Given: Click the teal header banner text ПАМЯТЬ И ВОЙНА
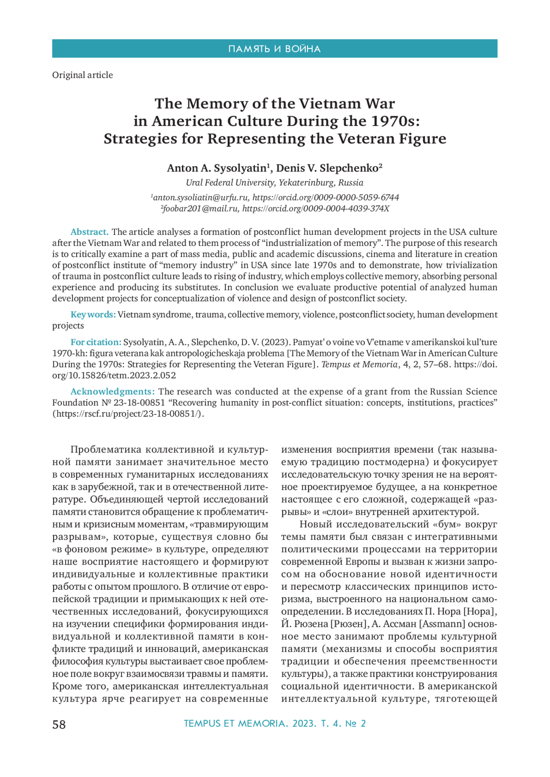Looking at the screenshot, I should point(275,49).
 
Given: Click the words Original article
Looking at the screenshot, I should point(82,75).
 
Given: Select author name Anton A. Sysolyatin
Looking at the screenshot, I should point(217,168).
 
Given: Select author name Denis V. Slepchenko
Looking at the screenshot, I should point(328,168).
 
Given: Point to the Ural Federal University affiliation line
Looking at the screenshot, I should point(275,183).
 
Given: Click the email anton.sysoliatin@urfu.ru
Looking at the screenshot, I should point(201,197).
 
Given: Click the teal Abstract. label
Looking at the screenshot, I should point(89,232).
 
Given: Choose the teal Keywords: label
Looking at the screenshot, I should point(93,315).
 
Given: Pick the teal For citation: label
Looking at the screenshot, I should point(96,342).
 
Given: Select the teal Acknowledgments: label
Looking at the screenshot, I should point(113,391).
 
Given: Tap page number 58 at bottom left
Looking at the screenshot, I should point(59,724).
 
